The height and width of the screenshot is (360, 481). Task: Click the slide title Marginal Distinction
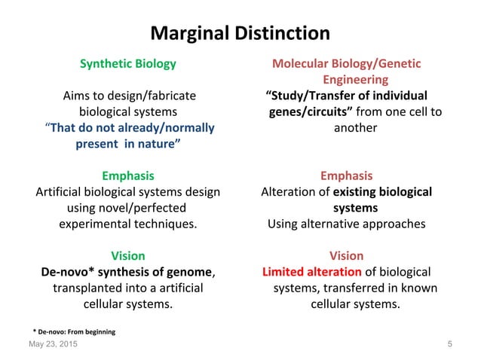(240, 34)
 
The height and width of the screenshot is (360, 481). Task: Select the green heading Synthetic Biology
(128, 63)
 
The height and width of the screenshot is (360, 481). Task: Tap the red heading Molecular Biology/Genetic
(346, 63)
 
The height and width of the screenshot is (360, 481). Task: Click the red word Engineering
(355, 79)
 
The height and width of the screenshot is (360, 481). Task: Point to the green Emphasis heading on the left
(128, 175)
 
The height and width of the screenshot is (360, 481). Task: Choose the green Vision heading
(128, 256)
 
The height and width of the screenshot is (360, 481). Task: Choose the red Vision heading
(346, 256)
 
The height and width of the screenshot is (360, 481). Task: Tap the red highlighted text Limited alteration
(311, 272)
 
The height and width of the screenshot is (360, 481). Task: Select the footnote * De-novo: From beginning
(74, 331)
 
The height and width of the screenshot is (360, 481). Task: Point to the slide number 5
(449, 344)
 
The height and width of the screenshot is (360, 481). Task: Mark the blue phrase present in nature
(128, 143)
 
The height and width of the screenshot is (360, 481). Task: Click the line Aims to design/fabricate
(128, 96)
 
